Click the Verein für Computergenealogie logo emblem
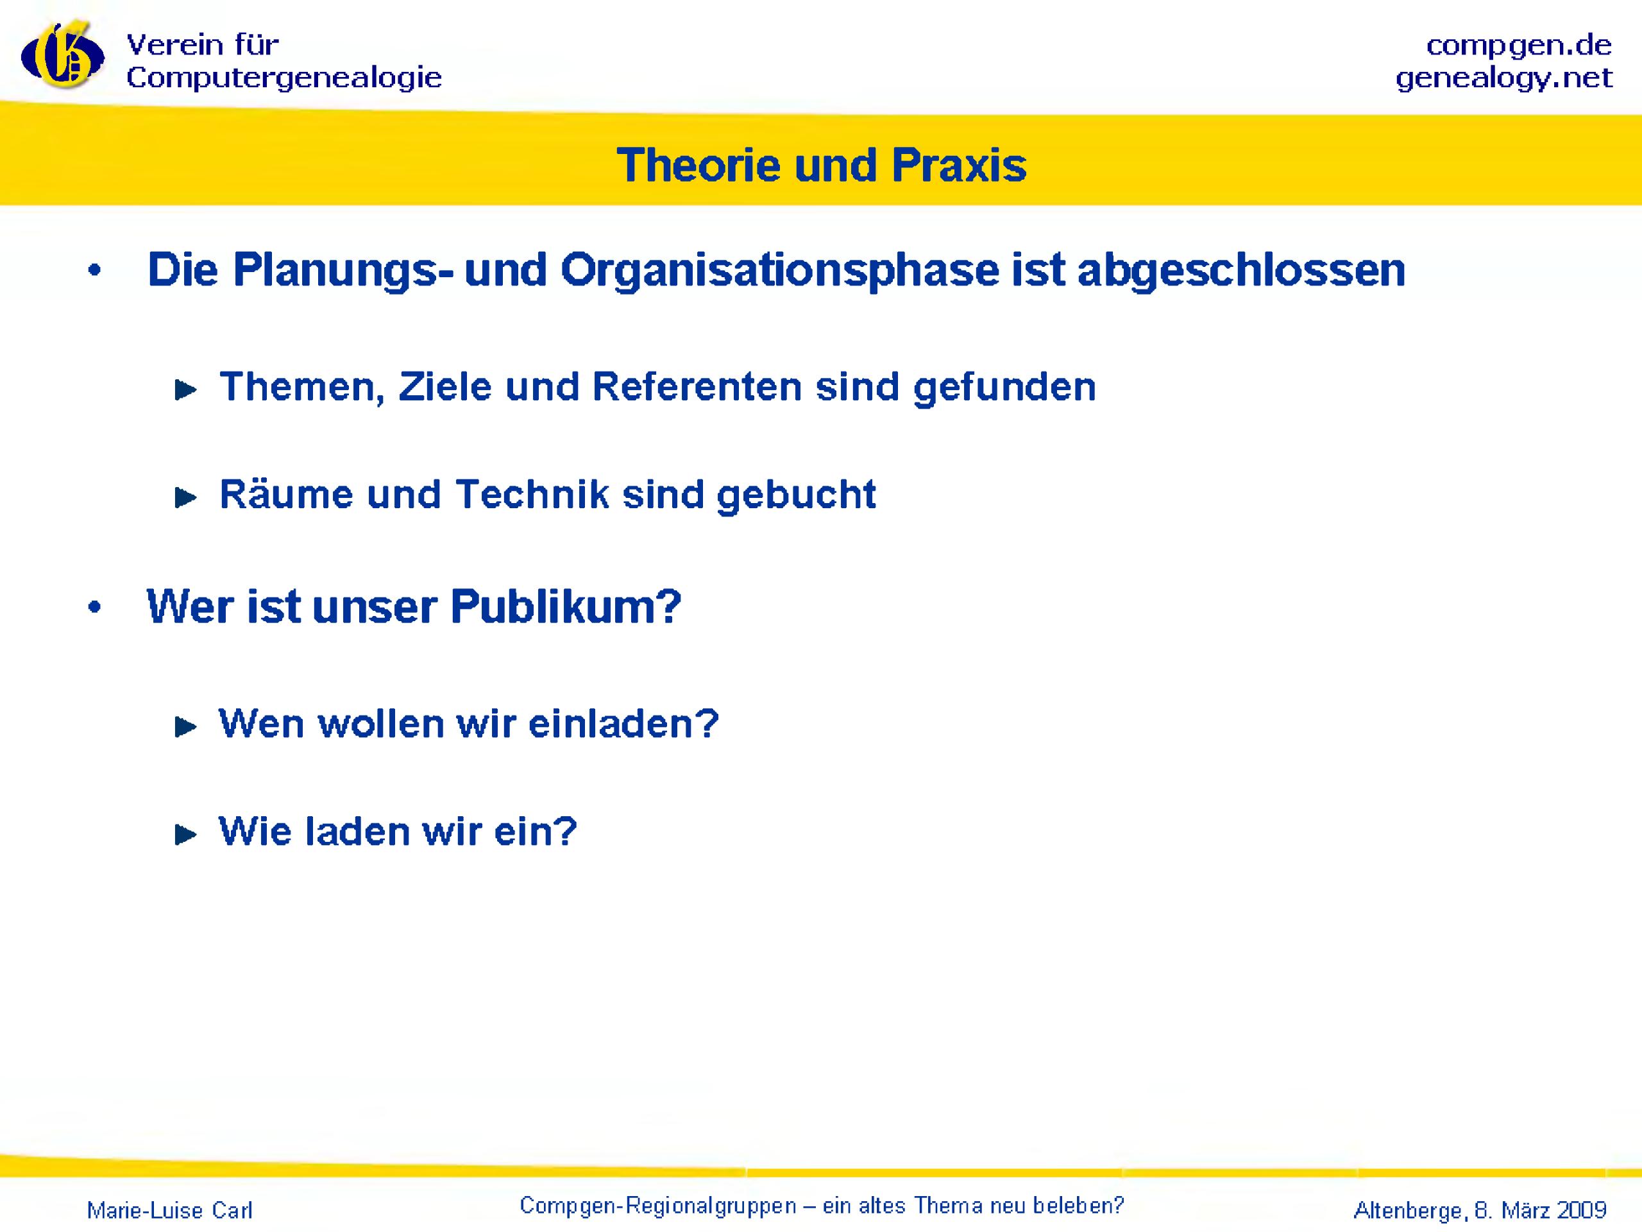[x=62, y=56]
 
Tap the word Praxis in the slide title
[x=958, y=165]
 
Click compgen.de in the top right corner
[x=1519, y=46]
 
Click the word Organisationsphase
[x=779, y=269]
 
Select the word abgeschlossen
[x=1241, y=269]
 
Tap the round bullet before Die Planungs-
[x=94, y=272]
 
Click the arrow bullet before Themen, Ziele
[x=185, y=390]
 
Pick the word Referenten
[x=697, y=387]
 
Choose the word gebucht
[x=797, y=495]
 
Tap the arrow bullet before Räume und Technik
[x=185, y=497]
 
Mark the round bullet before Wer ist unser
[x=94, y=608]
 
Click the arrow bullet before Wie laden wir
[x=185, y=835]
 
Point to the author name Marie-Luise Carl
[x=170, y=1210]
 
